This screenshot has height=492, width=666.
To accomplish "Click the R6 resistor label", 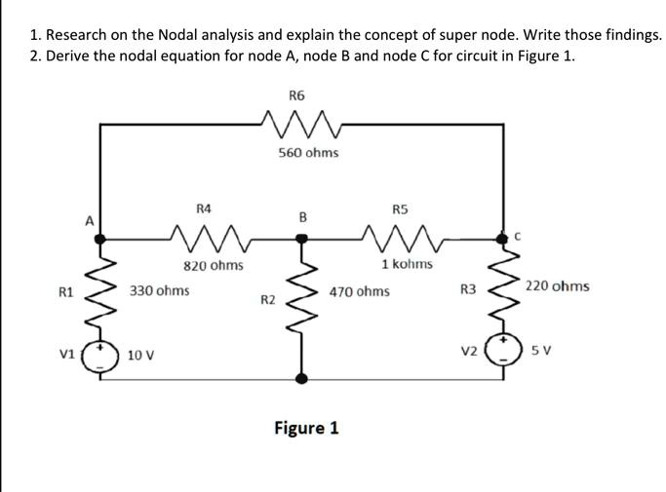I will coord(297,95).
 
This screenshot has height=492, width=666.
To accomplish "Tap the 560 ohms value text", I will coord(308,153).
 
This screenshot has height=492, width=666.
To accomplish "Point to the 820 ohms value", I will coord(214,265).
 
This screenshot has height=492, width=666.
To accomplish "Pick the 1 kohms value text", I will coord(408,264).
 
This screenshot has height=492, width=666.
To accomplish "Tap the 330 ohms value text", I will coord(160,290).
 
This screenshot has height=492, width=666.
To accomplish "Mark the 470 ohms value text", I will coord(359,291).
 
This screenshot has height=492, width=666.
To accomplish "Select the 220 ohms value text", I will coord(557,286).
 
